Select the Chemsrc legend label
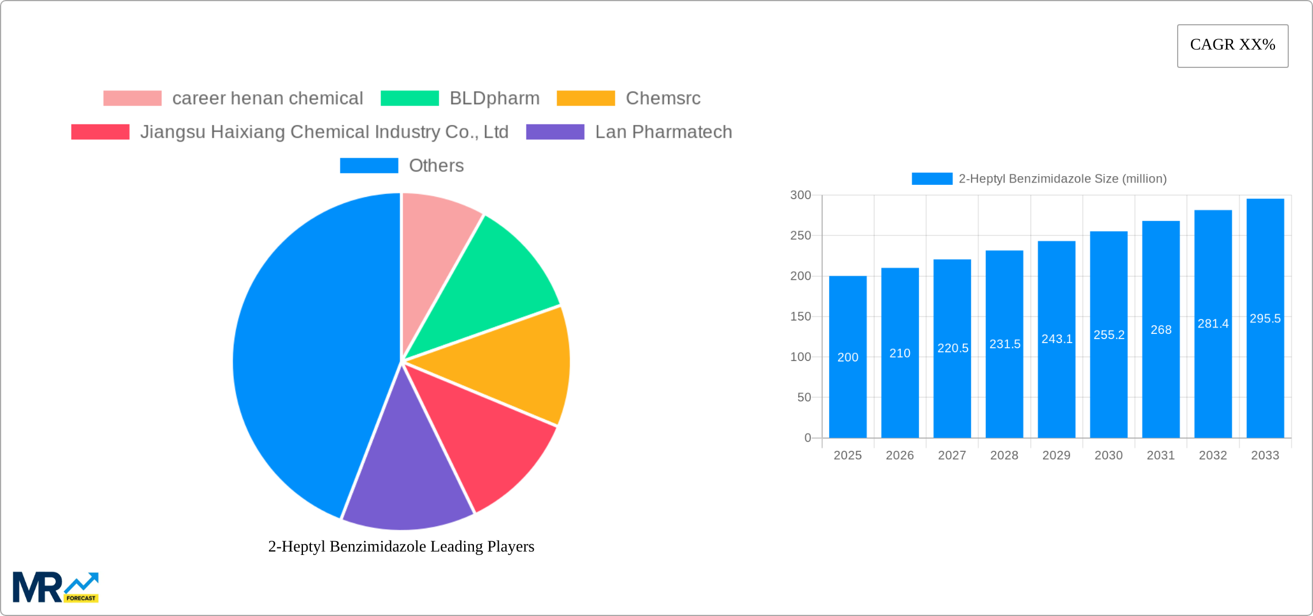pos(663,98)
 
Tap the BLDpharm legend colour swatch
pos(409,98)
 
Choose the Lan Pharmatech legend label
pos(663,132)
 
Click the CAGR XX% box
pos(1232,45)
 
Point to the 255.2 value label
pos(1109,334)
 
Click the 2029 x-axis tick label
pos(1056,455)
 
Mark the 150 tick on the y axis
pos(800,317)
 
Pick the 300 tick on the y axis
pos(800,195)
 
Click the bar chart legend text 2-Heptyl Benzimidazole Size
pos(1062,179)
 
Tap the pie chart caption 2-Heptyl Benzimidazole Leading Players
pos(401,546)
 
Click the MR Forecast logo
pos(56,587)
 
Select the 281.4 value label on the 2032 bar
pos(1213,324)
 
